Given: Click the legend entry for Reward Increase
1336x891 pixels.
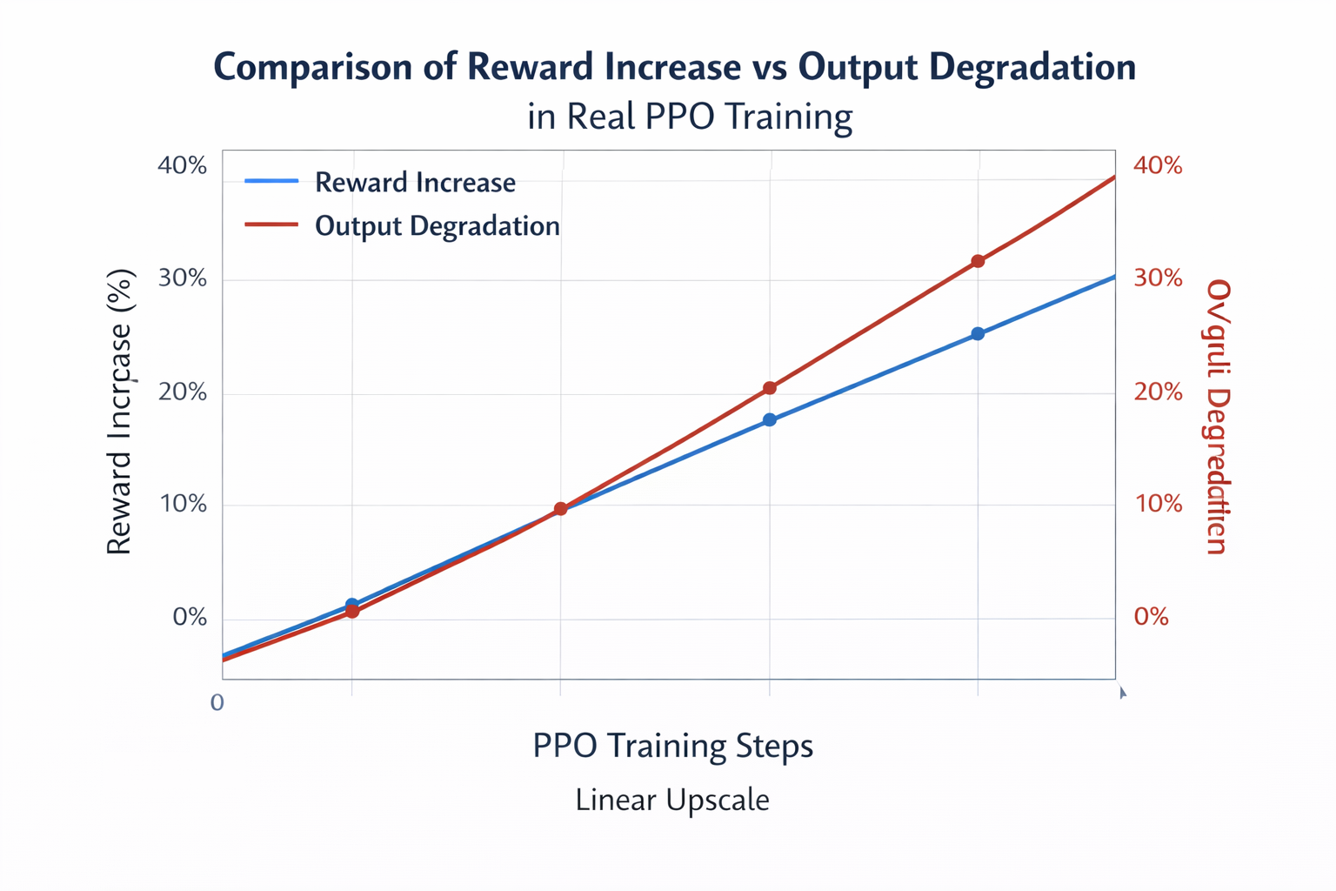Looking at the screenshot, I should pos(415,183).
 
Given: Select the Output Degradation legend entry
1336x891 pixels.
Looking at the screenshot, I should pos(437,226).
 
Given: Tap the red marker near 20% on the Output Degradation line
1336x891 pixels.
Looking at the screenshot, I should pos(769,388).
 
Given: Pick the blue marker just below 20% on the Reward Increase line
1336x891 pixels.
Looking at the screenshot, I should pos(769,420).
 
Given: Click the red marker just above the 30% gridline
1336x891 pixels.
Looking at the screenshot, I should pos(978,261).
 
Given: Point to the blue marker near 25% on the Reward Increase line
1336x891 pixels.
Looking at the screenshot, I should pos(978,334).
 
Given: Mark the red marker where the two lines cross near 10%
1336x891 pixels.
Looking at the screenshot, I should pos(560,509).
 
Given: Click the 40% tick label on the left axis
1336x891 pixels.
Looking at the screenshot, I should pos(182,165).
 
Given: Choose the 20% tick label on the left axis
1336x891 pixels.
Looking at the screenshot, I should pos(182,392).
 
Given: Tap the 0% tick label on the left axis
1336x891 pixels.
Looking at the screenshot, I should pos(190,617).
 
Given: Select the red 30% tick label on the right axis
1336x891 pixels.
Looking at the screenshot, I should pos(1158,278).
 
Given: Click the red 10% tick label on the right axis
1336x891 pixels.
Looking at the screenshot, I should pos(1158,504).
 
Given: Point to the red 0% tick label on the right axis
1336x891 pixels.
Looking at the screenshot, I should pos(1151,617).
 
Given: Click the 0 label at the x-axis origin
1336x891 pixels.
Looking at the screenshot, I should pos(217,702).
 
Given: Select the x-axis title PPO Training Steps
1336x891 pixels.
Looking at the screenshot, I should pos(672,746).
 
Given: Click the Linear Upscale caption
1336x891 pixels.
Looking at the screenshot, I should pos(672,800).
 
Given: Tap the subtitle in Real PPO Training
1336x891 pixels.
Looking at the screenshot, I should pos(689,117).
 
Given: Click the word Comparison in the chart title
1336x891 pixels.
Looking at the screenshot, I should pos(316,67).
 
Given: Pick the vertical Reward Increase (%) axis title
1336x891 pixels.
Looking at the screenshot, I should pos(119,412).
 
